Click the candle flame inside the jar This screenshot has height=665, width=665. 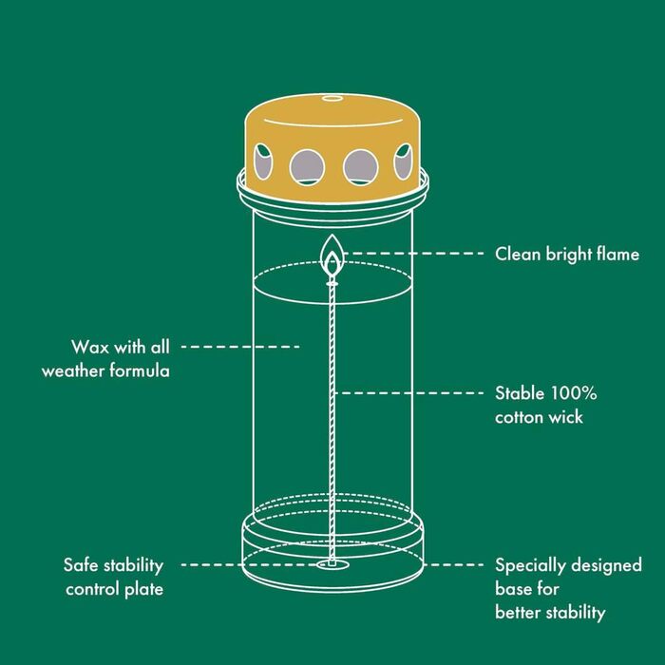[332, 256]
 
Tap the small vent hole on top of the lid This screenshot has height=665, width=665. [332, 99]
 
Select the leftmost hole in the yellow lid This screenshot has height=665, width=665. [263, 161]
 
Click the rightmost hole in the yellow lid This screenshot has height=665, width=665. [403, 161]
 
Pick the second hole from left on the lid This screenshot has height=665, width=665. [307, 167]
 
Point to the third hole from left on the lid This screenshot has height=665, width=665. [360, 167]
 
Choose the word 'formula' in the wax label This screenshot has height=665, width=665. [140, 370]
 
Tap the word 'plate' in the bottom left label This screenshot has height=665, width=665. [143, 590]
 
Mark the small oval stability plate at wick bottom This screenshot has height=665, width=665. [332, 564]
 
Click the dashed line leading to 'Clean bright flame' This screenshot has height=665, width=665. [413, 254]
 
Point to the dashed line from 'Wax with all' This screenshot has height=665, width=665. [240, 347]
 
